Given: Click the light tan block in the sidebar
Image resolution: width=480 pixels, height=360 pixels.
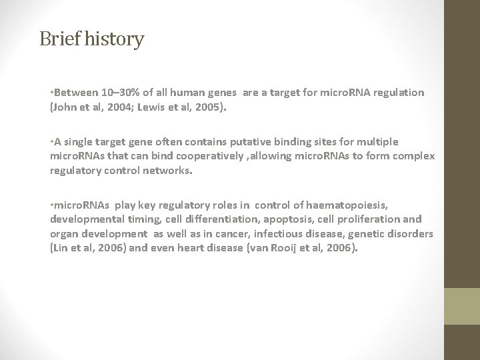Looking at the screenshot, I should click(x=463, y=305).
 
